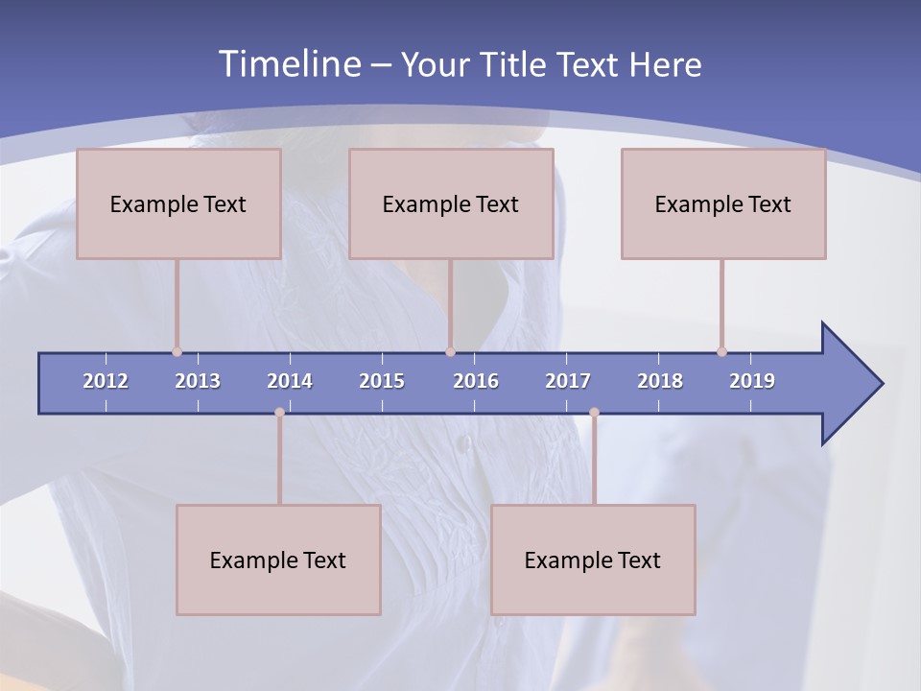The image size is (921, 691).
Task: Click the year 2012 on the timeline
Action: pyautogui.click(x=106, y=381)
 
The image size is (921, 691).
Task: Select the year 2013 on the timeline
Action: pyautogui.click(x=198, y=381)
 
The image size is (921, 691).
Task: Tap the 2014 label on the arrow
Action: pyautogui.click(x=290, y=381)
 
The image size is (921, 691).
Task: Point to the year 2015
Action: pyautogui.click(x=382, y=381)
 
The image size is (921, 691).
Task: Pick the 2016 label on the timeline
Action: pyautogui.click(x=476, y=381)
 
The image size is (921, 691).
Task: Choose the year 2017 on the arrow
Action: pyautogui.click(x=568, y=381)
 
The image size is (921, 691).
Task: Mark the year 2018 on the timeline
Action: pyautogui.click(x=660, y=381)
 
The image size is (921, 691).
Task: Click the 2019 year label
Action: pyautogui.click(x=752, y=381)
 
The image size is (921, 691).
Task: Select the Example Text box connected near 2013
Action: pyautogui.click(x=178, y=203)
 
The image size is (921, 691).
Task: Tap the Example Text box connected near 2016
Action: pyautogui.click(x=451, y=203)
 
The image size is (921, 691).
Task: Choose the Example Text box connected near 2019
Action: pyautogui.click(x=723, y=203)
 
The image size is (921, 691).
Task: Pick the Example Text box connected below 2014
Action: pyautogui.click(x=278, y=560)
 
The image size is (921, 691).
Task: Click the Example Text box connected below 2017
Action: pyautogui.click(x=593, y=560)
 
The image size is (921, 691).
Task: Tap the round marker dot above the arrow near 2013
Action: pyautogui.click(x=177, y=351)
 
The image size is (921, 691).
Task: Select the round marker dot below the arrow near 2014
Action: pyautogui.click(x=279, y=412)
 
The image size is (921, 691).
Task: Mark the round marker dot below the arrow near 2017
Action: pyautogui.click(x=594, y=412)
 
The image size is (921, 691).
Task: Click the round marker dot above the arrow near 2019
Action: pyautogui.click(x=721, y=351)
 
